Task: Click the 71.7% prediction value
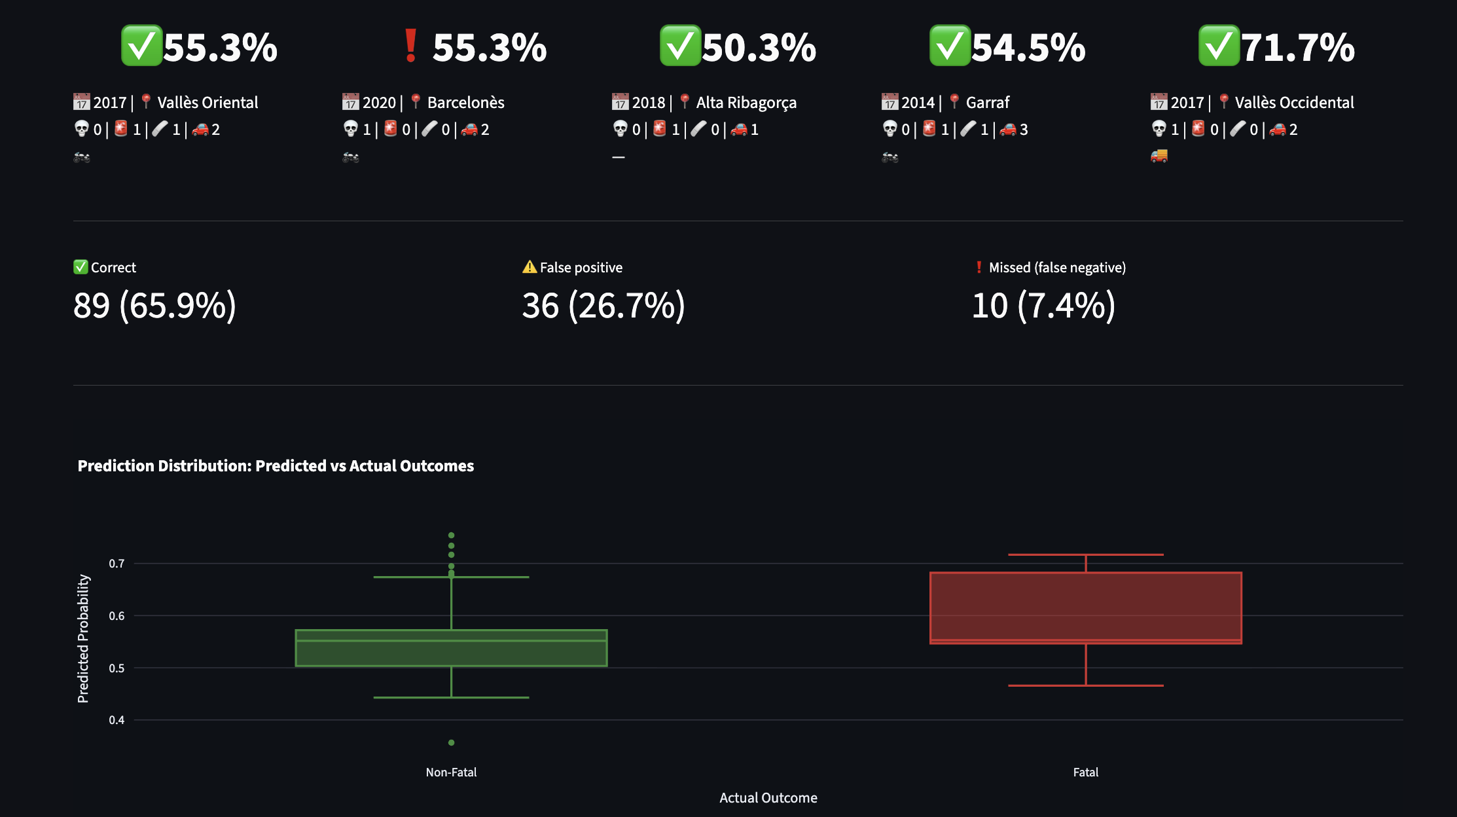(x=1297, y=47)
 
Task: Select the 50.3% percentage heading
(x=759, y=47)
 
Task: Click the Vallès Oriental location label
(x=207, y=102)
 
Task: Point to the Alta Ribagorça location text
(x=746, y=102)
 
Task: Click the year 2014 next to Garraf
(x=918, y=102)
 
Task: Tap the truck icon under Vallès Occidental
(x=1159, y=156)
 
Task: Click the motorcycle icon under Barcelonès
(x=351, y=157)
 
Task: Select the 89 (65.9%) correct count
(x=154, y=306)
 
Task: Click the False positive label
(x=581, y=267)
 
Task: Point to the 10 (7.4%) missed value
(x=1043, y=306)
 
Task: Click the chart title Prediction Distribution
(x=276, y=465)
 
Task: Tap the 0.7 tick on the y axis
(x=117, y=563)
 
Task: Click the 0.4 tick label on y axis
(x=117, y=719)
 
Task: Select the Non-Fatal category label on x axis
(x=451, y=772)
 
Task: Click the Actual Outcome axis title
(x=768, y=797)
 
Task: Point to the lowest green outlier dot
(x=451, y=742)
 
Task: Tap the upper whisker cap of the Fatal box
(x=1085, y=554)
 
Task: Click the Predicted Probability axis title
(x=83, y=638)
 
